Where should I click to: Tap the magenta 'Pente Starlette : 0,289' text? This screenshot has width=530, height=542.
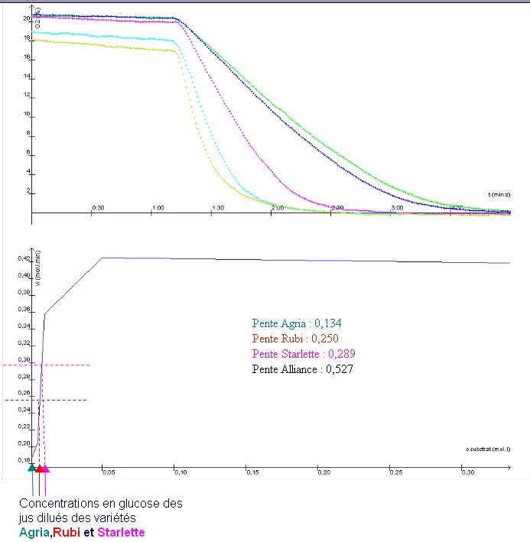click(304, 354)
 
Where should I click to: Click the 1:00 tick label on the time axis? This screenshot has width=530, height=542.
click(158, 208)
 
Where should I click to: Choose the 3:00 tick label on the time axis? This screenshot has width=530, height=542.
click(397, 208)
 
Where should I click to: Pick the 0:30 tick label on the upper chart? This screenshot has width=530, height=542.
click(98, 208)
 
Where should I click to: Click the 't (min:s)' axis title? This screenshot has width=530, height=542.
click(501, 195)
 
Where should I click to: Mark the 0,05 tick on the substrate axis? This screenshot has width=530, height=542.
click(108, 474)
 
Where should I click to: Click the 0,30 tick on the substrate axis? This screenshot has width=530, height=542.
click(467, 474)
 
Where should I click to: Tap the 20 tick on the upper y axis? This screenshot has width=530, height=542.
click(27, 18)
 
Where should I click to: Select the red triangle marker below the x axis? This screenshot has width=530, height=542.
click(38, 469)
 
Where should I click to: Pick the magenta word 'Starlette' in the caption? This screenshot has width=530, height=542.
click(118, 532)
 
